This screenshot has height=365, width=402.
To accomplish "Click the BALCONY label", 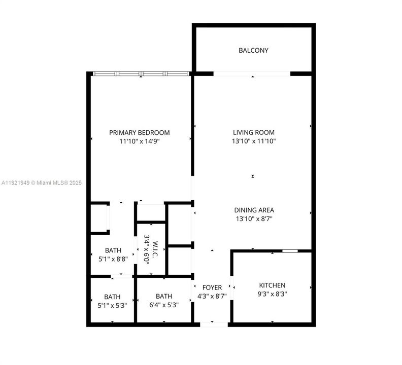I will (253, 50).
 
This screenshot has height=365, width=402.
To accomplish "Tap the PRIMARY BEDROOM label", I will (140, 133).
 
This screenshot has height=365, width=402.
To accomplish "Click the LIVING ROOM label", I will (254, 133).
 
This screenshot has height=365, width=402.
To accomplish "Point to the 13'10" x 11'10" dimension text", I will (254, 141).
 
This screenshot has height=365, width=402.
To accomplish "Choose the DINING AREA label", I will (254, 210).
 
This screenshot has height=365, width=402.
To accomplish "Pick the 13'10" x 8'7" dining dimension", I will (254, 219).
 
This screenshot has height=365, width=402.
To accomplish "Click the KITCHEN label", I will (272, 285).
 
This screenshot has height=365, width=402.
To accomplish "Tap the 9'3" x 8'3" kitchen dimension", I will (272, 294).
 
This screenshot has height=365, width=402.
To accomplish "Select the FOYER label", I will (212, 287).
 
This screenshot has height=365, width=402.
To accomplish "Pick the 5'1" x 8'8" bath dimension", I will (113, 259).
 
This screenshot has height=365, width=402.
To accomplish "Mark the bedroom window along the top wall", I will (141, 74).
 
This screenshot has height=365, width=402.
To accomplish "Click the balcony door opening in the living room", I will (252, 74).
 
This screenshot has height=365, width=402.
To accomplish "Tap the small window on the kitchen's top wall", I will (290, 250).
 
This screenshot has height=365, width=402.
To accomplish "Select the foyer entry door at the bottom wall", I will (212, 323).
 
